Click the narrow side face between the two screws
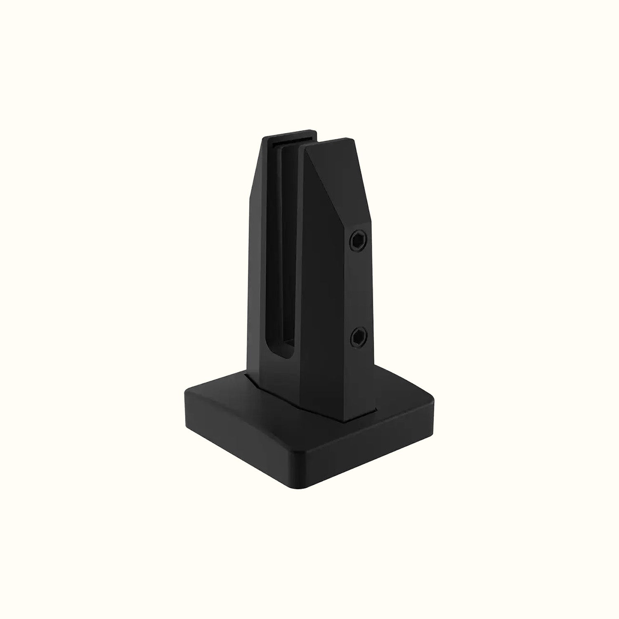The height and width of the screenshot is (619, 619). [357, 289]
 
